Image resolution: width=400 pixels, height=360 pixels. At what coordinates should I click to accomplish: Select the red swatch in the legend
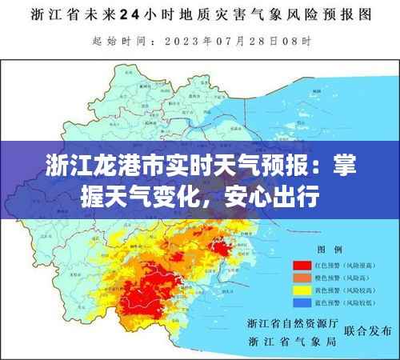click(302, 265)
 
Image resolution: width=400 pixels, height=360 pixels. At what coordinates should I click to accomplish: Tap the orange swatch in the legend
click(302, 278)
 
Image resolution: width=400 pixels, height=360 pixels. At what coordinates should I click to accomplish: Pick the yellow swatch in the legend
click(302, 290)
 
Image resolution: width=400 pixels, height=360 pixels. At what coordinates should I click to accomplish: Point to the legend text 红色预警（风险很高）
click(345, 265)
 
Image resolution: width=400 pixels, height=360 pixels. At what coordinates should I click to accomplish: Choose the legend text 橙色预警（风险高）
click(342, 278)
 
